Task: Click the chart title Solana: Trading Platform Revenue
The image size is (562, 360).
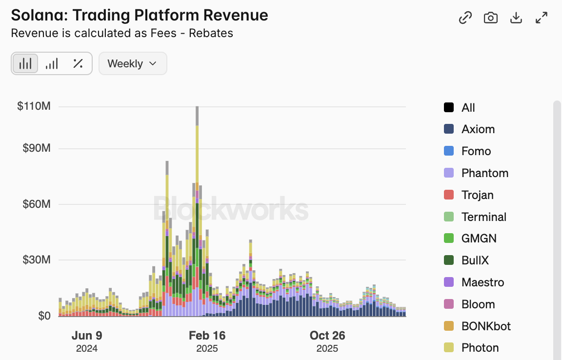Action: point(140,15)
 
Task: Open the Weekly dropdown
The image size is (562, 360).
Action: point(132,63)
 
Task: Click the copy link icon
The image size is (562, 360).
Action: point(465,18)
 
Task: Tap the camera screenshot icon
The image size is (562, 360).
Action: point(490,18)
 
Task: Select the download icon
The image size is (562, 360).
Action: point(516,18)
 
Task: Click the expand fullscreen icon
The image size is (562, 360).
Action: point(542,18)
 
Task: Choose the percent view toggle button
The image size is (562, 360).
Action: point(78,63)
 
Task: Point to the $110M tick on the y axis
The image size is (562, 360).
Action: point(34,106)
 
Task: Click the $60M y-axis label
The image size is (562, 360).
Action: point(37,204)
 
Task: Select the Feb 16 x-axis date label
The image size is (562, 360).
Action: point(207,336)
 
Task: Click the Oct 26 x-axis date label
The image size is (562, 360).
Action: point(327,336)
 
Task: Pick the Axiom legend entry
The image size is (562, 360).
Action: point(478,129)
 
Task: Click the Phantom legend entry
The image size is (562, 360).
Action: point(484,173)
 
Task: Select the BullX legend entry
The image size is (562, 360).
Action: point(475,260)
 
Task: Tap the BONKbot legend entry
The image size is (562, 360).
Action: point(486,326)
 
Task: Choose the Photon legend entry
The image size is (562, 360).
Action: point(480,348)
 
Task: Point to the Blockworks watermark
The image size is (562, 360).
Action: point(231,209)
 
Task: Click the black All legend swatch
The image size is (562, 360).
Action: point(449,108)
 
